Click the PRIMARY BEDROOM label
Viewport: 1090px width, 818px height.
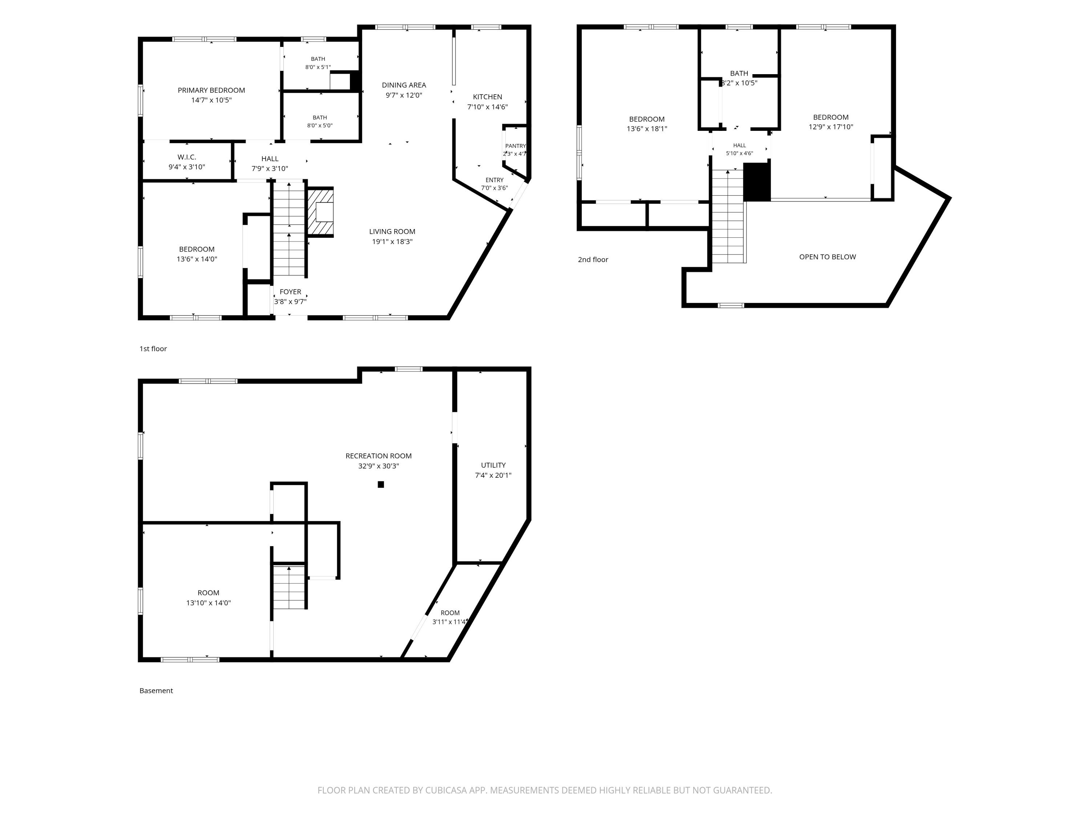211,90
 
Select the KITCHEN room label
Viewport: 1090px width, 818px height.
487,97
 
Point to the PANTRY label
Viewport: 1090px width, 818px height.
516,146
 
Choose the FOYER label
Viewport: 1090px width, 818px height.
290,292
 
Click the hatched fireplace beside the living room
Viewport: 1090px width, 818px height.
321,212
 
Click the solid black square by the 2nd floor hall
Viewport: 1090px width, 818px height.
757,182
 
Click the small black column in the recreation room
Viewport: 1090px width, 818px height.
381,485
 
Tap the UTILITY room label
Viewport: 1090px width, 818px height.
493,465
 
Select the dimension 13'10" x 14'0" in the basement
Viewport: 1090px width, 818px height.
209,602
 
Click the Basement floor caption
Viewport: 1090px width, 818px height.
156,691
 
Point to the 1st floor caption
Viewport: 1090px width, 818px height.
153,349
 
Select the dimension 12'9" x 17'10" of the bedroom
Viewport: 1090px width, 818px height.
831,127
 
